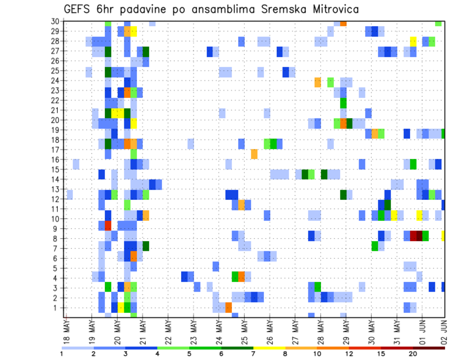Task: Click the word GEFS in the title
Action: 78,9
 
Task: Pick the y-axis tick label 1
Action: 57,308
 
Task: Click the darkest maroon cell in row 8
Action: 419,236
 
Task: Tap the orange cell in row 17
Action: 254,154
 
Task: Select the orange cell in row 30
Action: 343,23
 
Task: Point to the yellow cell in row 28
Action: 413,41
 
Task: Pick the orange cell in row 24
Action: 318,82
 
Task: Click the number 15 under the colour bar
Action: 382,354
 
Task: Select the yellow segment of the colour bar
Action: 269,348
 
